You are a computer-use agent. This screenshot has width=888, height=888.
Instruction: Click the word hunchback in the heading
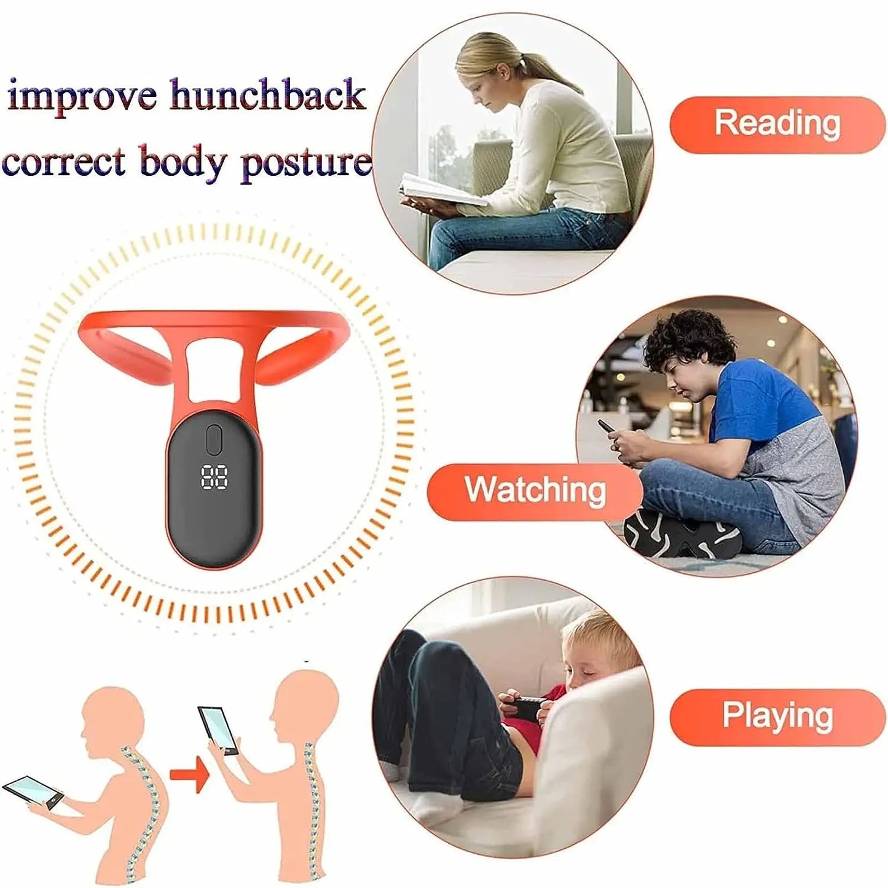[267, 96]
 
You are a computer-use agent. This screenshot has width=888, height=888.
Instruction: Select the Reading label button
[777, 124]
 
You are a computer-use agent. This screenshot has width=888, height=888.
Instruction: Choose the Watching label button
[534, 491]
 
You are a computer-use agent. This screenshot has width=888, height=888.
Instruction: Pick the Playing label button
[777, 716]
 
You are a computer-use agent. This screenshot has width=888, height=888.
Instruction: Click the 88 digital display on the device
[214, 477]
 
